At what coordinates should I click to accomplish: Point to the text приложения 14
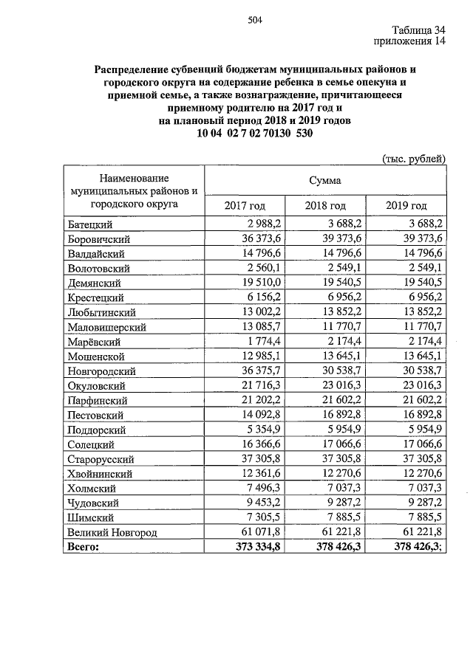(410, 42)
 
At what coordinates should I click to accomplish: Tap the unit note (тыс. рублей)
(414, 158)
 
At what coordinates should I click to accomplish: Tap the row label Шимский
(89, 517)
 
